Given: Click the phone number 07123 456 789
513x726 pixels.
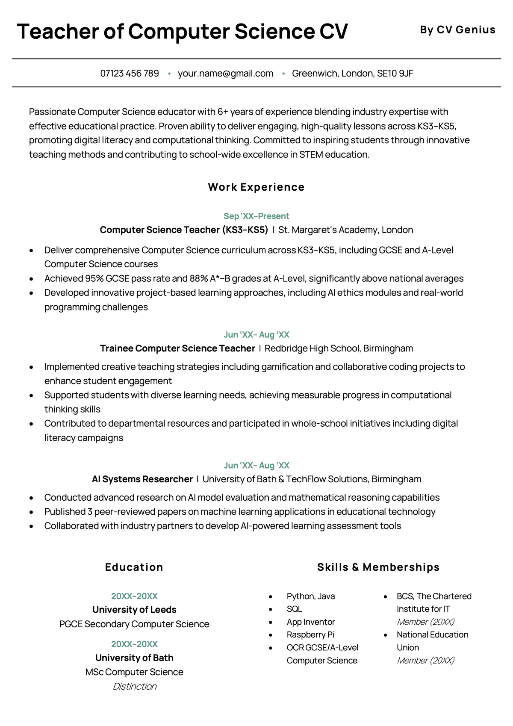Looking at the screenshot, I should click(x=130, y=74).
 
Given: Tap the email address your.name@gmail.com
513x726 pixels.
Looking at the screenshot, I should click(x=225, y=74).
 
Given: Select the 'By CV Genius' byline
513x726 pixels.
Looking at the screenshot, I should click(x=457, y=30).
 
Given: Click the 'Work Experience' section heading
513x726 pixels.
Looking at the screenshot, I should click(x=256, y=187).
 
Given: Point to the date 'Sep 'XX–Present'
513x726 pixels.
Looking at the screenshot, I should click(x=256, y=216).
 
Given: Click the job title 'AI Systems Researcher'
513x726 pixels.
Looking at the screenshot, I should click(x=142, y=479).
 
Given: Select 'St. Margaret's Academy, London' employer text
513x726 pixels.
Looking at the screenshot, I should click(x=345, y=230).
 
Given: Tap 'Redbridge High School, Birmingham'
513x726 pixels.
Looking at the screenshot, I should click(x=339, y=348).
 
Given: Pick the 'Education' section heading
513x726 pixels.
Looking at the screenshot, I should click(x=134, y=567).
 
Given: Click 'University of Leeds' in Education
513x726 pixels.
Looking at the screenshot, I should click(x=134, y=610).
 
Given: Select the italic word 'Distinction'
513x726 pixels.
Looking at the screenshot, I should click(x=134, y=687).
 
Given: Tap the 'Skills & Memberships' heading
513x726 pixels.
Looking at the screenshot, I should click(x=378, y=567).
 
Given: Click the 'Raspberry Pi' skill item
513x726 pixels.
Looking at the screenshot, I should click(x=310, y=635).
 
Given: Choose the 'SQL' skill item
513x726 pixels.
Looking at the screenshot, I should click(x=294, y=609).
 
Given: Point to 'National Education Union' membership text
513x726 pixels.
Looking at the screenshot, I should click(x=432, y=641).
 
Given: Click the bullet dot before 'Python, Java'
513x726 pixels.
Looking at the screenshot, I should click(x=271, y=597).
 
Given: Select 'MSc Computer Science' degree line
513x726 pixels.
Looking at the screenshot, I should click(x=134, y=672).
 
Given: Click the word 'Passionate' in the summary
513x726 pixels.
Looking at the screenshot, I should click(x=52, y=112).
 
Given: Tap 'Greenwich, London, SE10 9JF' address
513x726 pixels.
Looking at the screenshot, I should click(x=352, y=74).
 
